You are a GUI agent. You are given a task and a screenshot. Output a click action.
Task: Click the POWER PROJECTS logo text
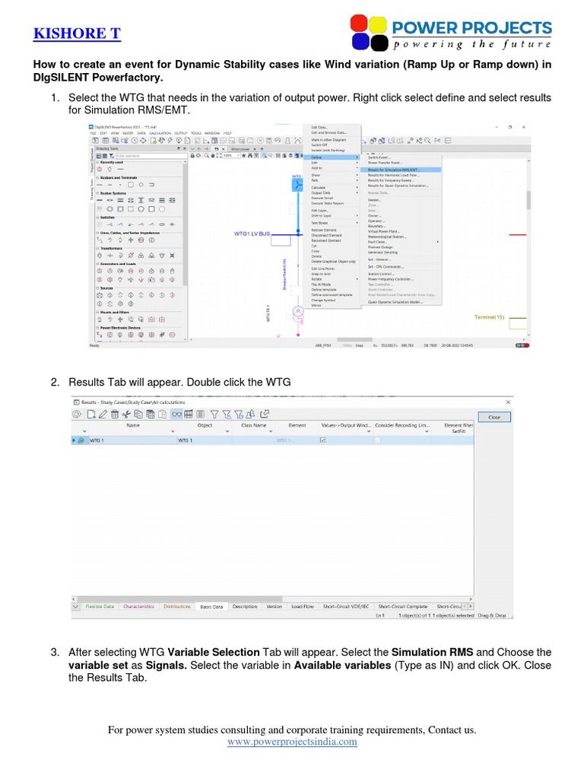tap(471, 29)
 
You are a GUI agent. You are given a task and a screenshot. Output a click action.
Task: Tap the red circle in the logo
tap(360, 24)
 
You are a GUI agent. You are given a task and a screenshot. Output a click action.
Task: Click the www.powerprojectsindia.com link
tap(292, 742)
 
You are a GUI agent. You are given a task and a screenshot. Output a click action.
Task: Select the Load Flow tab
tap(302, 606)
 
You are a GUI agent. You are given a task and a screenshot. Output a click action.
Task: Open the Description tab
tap(245, 606)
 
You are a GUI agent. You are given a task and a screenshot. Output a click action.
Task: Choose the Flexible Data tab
tap(100, 606)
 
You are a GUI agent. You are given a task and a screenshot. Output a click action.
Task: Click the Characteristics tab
tap(138, 606)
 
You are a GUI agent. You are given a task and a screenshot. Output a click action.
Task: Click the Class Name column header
tap(253, 425)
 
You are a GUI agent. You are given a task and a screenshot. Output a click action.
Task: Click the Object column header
tap(205, 425)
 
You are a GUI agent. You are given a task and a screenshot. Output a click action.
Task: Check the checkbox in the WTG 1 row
tap(323, 440)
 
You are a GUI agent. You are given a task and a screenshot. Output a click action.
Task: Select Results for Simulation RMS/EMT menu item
tap(393, 170)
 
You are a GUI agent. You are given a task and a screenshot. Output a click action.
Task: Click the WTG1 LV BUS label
tap(252, 235)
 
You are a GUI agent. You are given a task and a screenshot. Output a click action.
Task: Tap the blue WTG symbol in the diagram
tap(297, 185)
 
